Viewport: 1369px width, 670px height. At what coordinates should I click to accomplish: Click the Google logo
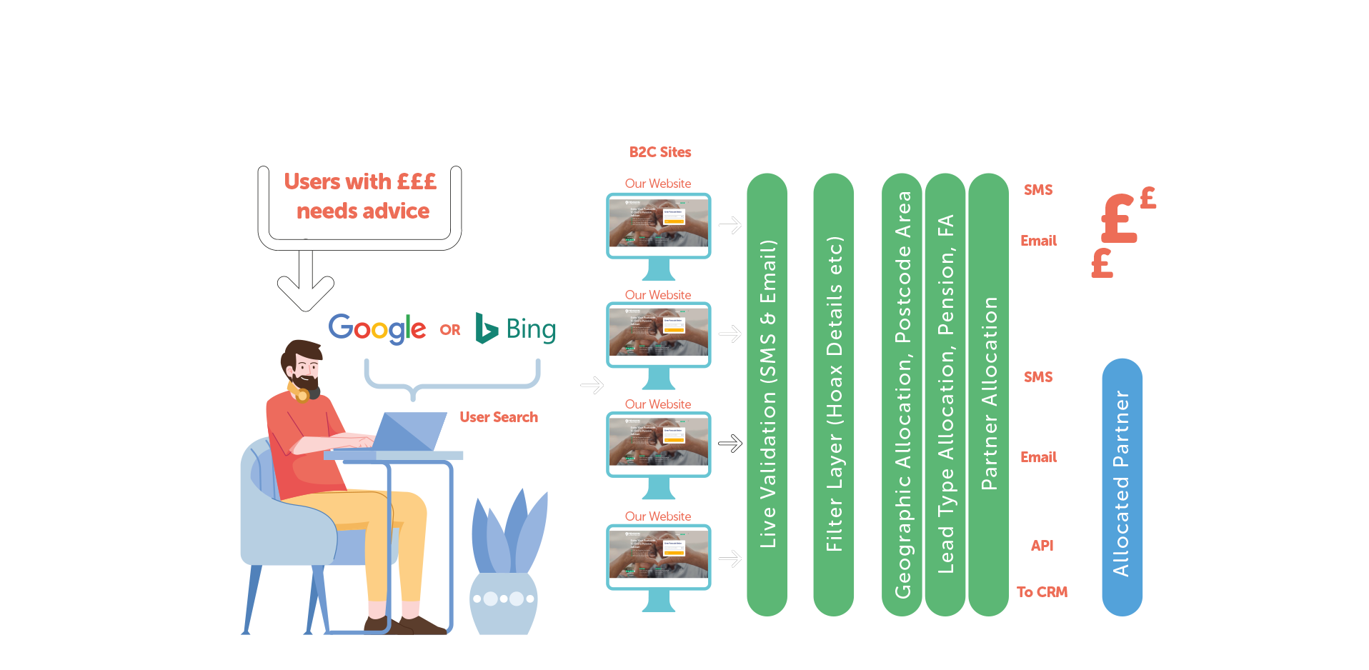tap(377, 329)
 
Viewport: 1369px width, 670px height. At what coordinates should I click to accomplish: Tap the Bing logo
tap(516, 329)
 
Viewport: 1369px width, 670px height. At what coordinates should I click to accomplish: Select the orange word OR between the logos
tap(450, 330)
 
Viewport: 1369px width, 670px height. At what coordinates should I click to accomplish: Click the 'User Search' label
tap(499, 417)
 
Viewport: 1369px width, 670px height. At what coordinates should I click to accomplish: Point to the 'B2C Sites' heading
tap(660, 152)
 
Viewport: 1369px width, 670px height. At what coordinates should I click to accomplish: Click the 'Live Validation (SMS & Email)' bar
tap(767, 394)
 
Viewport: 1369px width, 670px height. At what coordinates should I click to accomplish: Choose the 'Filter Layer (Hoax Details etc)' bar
tap(834, 394)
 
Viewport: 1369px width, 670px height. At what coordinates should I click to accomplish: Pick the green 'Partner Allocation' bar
tap(989, 394)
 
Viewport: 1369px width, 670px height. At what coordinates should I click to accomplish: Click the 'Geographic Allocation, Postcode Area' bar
tap(902, 394)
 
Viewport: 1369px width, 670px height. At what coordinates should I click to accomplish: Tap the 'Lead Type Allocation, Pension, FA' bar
tap(945, 394)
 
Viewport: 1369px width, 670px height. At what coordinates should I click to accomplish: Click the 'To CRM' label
tap(1042, 592)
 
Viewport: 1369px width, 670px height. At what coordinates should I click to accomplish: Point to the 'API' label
tap(1042, 546)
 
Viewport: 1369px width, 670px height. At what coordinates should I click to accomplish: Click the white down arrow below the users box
tap(306, 282)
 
